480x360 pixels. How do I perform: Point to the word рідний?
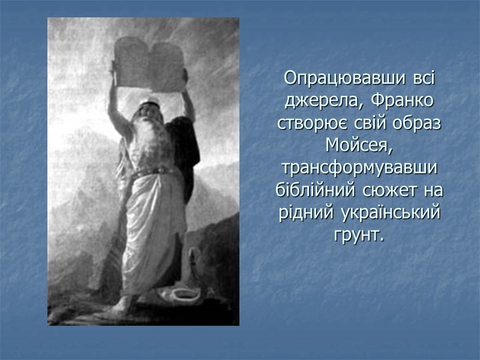304,212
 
